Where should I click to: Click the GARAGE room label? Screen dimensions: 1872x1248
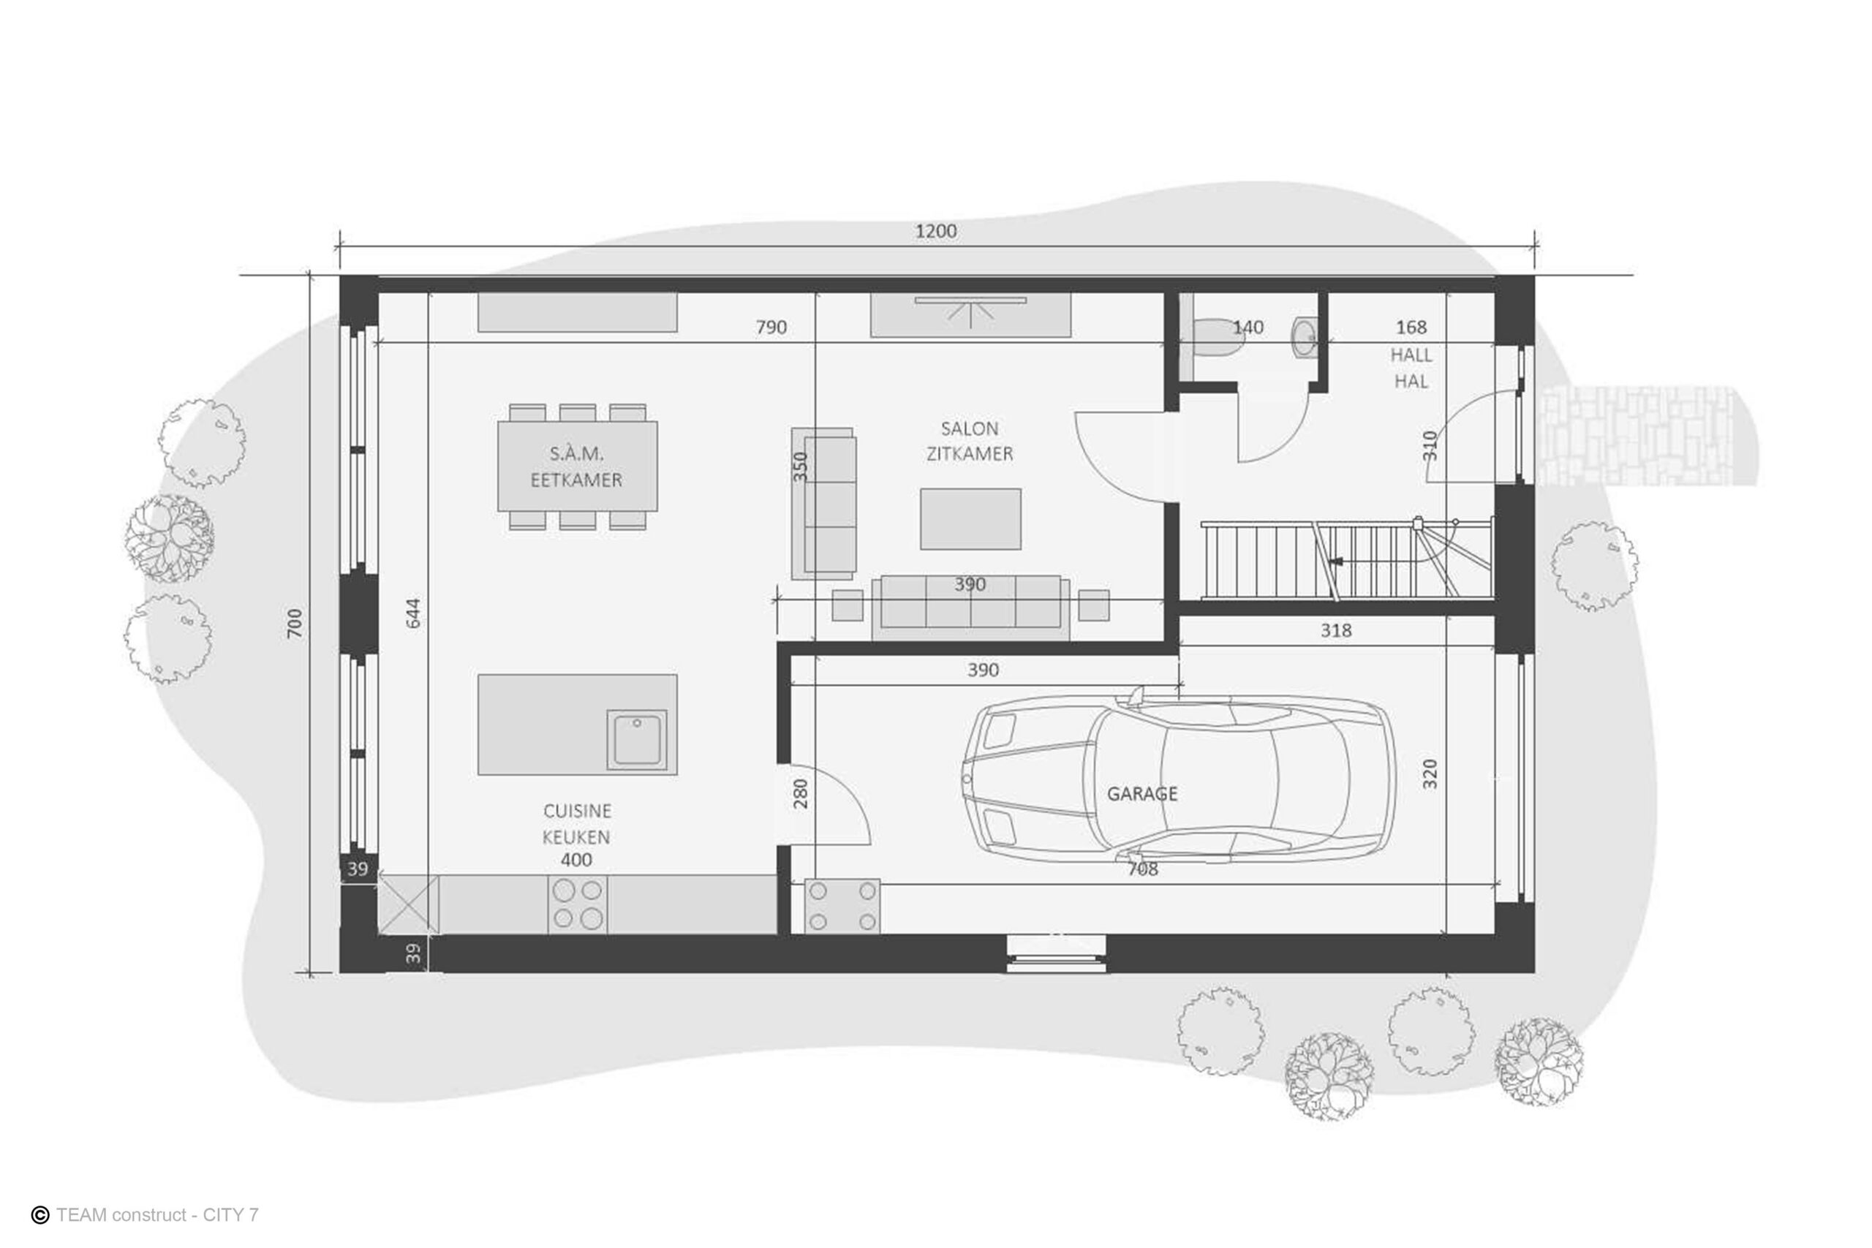(1141, 793)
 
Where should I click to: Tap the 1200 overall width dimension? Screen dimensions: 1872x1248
(935, 231)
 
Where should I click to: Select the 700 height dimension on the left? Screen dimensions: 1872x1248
(295, 622)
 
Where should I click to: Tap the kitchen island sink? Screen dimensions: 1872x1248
(637, 739)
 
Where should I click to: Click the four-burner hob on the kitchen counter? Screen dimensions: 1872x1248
(577, 904)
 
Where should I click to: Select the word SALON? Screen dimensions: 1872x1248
(970, 428)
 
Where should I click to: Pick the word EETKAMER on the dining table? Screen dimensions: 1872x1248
(576, 480)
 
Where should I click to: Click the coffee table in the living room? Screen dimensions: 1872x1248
(970, 519)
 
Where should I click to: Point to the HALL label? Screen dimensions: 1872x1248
(1411, 355)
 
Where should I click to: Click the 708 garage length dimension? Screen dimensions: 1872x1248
(1142, 869)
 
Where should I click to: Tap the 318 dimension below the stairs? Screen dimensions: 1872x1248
(1335, 630)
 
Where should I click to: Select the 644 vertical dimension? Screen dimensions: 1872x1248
(413, 613)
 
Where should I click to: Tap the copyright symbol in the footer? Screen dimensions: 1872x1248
(39, 1214)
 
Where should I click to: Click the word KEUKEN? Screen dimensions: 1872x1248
(576, 836)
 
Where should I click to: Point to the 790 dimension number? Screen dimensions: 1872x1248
(771, 327)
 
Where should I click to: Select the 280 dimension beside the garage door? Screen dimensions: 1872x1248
(801, 793)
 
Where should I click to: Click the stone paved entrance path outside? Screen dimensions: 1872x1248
(1639, 436)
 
